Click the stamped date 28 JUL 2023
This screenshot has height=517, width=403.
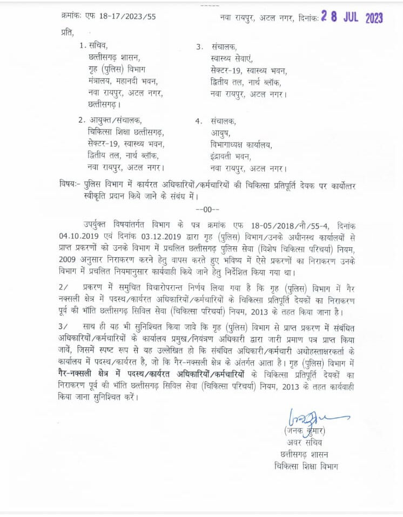(352, 18)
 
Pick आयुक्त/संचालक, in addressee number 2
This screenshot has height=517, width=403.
(113, 120)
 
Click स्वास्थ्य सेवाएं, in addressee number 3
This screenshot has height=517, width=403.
(232, 58)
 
